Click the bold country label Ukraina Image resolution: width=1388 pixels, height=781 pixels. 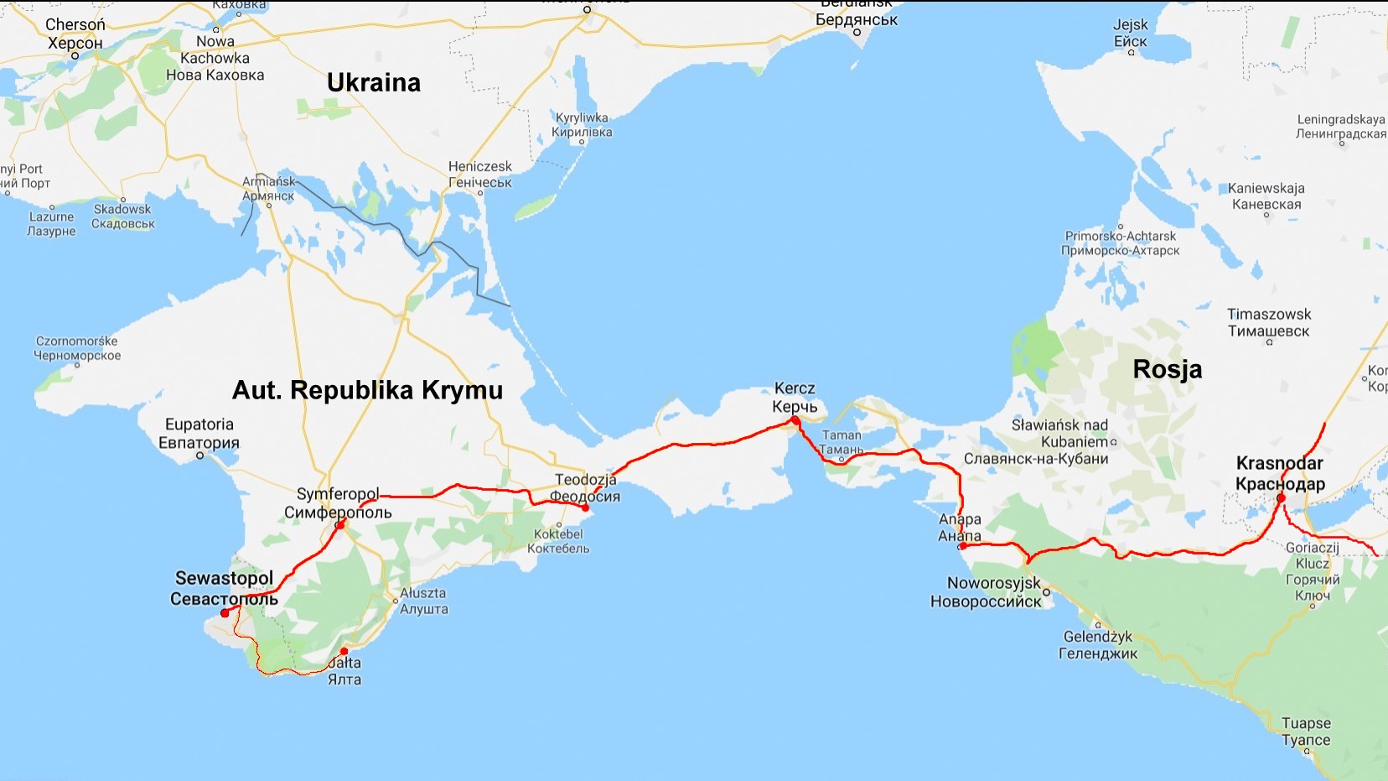[374, 82]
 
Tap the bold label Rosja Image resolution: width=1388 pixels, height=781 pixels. [1167, 369]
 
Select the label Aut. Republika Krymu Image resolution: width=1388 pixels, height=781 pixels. [367, 390]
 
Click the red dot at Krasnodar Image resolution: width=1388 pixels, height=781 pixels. [1281, 498]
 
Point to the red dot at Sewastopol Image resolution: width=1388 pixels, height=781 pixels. [225, 613]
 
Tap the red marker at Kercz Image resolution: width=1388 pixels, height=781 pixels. [795, 420]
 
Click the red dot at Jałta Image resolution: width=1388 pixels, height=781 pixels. [344, 652]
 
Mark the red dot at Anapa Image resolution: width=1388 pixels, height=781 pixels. [962, 546]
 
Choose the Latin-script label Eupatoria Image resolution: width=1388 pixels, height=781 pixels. [199, 424]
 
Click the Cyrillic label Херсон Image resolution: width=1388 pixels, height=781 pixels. [75, 43]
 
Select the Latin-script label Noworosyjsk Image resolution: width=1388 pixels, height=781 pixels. [994, 583]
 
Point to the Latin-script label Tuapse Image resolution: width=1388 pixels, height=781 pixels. [1306, 723]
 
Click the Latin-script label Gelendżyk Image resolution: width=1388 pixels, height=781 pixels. [1098, 637]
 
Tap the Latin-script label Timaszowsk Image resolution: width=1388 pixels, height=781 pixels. [1269, 315]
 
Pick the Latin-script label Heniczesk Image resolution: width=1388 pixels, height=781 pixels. [479, 167]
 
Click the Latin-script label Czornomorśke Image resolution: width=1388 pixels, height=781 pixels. [77, 341]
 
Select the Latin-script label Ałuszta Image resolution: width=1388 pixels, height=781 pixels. [423, 593]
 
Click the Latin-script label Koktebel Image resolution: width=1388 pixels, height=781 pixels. [558, 534]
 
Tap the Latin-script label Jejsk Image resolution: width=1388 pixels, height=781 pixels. [1131, 25]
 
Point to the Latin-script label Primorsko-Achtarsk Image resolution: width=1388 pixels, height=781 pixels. [1121, 237]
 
